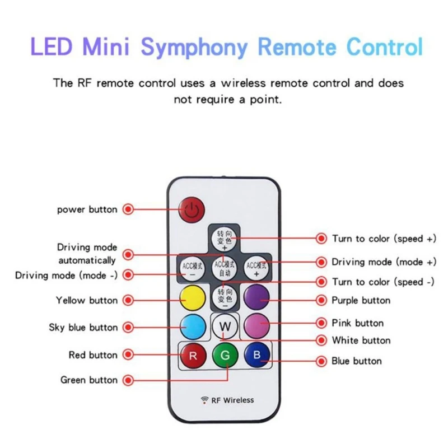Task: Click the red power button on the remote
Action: [192, 211]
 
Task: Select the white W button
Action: [224, 326]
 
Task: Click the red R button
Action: [193, 355]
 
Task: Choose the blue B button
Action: [257, 355]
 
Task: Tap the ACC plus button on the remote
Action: [257, 268]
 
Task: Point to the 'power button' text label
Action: [87, 209]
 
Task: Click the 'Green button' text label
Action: [89, 380]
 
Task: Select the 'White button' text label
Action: [361, 340]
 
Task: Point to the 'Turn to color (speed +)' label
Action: [384, 239]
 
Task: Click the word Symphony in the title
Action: [194, 48]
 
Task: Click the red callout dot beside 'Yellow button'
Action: [128, 301]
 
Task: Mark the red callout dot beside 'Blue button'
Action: [321, 361]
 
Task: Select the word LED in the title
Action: [50, 46]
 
